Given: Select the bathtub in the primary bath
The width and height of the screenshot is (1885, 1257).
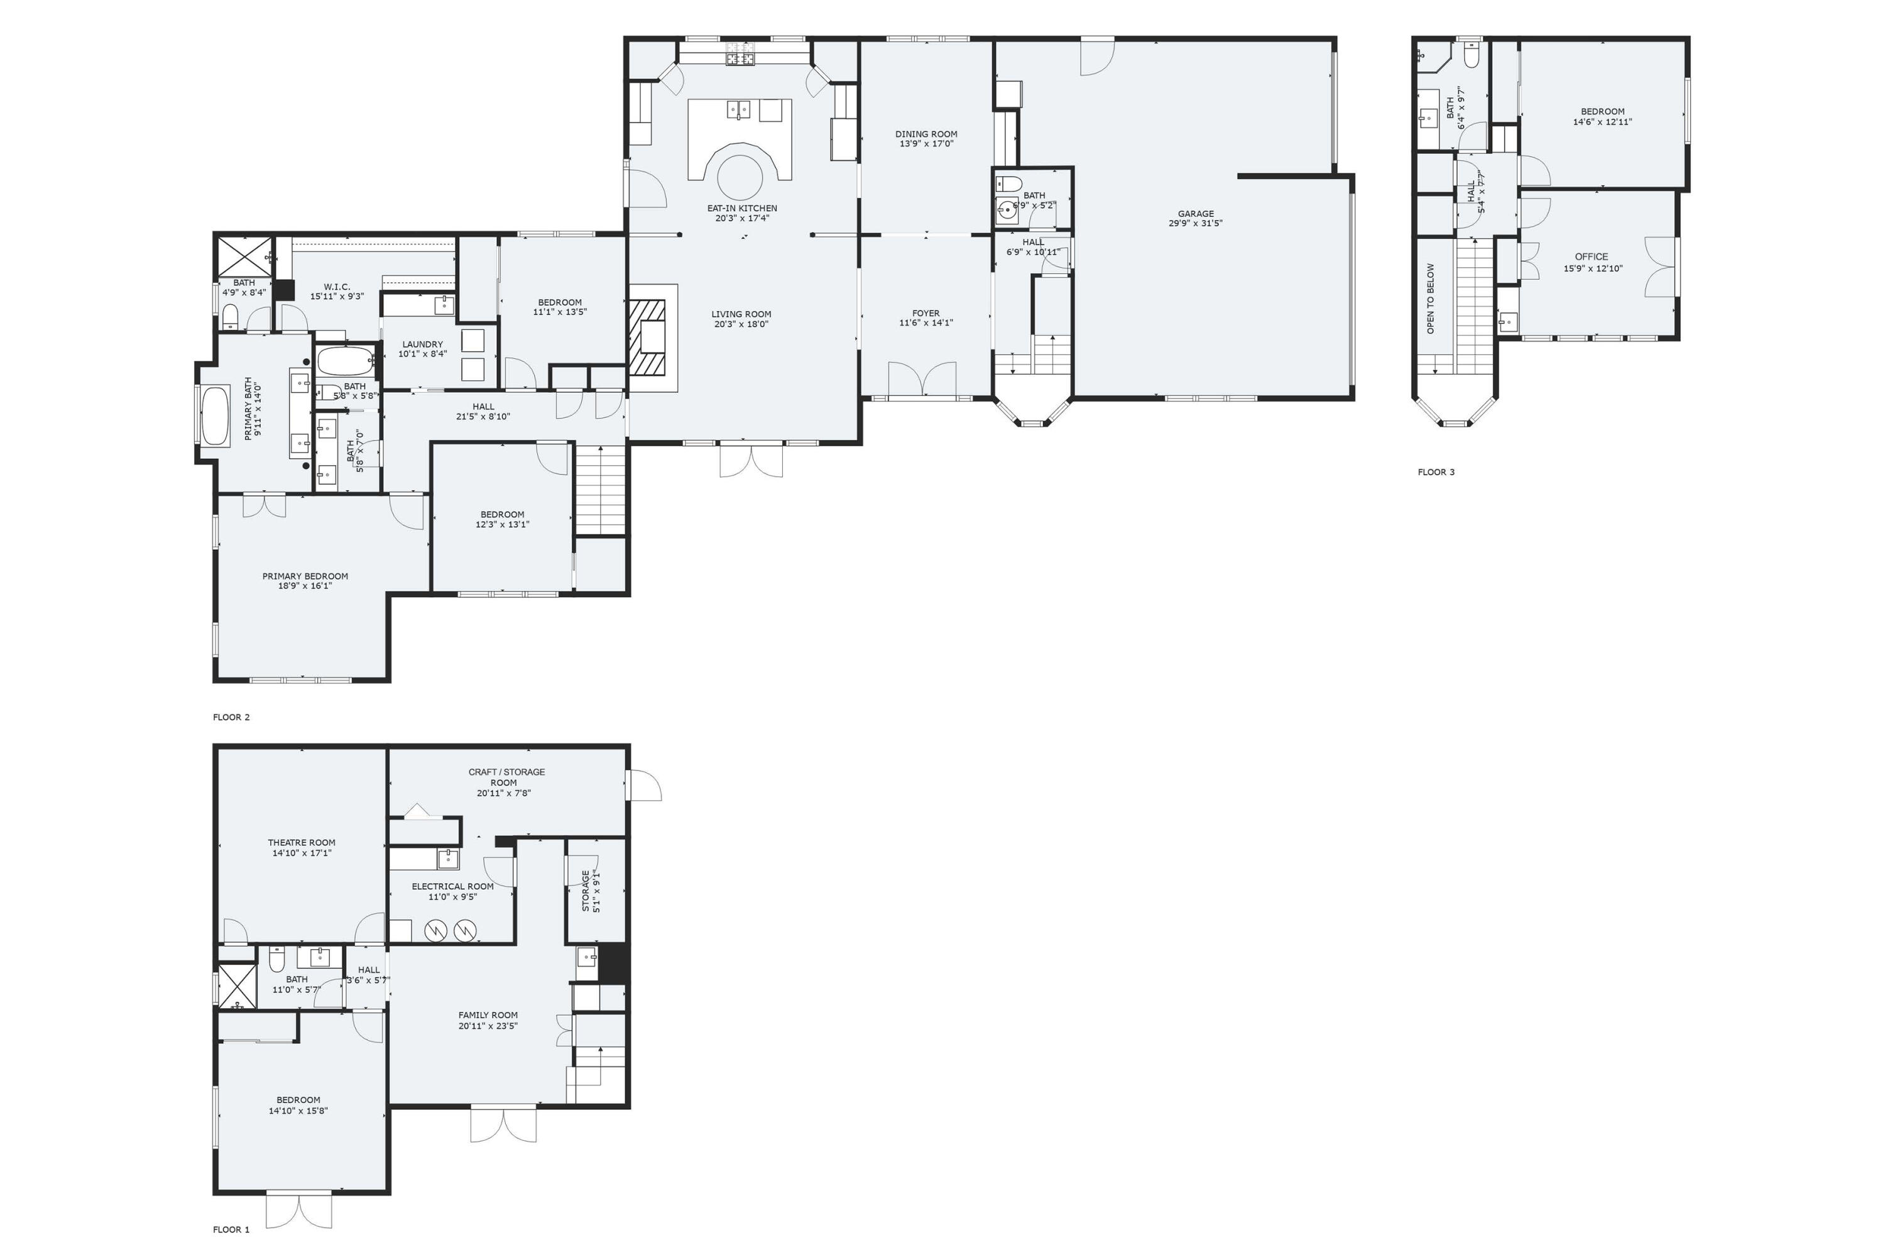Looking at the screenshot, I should (216, 416).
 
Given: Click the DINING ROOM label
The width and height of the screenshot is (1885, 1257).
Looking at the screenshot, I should (926, 134).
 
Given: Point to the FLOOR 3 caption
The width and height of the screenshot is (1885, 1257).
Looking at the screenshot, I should (1435, 472).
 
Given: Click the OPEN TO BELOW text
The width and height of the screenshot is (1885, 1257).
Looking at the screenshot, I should (1431, 298).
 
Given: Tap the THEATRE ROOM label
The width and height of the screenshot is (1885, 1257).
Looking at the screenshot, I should (302, 843).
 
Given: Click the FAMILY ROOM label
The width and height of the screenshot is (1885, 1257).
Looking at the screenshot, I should (488, 1015).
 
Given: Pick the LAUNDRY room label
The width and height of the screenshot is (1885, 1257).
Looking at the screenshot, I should (422, 344).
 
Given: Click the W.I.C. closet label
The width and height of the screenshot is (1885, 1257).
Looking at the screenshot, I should (337, 286).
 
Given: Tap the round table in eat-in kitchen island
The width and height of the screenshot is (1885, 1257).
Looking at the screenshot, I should (739, 178).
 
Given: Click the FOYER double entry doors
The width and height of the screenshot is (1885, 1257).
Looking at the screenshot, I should (922, 379).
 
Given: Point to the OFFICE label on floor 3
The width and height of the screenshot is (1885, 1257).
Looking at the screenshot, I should (1591, 256).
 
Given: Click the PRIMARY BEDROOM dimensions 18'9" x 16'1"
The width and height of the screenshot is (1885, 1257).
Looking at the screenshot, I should (305, 586).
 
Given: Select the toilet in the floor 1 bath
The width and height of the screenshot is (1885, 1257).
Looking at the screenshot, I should (276, 959).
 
